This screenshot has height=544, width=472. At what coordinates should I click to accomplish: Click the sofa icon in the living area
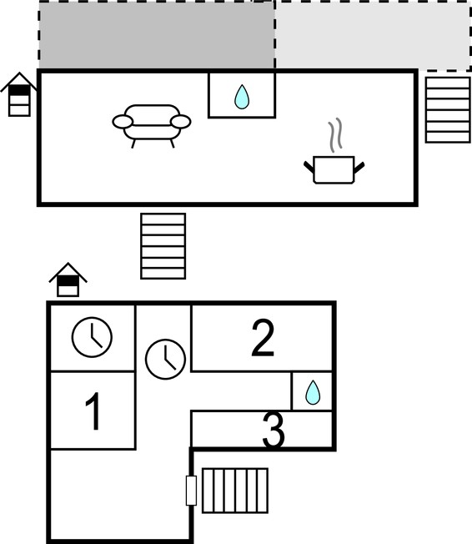152,126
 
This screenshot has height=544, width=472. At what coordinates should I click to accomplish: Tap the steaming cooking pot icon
334,169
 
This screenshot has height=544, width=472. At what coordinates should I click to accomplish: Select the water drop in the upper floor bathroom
242,97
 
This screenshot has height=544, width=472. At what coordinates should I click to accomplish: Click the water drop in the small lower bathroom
313,392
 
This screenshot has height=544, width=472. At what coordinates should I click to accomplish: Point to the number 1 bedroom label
93,411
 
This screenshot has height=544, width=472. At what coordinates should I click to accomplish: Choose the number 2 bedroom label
263,338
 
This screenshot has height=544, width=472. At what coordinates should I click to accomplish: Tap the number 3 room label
274,430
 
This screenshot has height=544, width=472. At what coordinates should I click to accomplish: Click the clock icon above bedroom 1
92,337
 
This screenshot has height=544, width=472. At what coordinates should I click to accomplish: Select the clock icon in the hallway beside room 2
165,359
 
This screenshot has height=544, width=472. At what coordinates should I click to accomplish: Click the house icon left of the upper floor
19,94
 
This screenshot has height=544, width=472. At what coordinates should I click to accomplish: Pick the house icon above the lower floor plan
68,280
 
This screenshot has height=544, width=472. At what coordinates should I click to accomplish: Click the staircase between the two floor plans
163,246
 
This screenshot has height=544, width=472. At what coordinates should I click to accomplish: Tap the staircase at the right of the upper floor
448,109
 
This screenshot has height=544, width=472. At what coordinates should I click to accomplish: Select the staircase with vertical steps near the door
235,491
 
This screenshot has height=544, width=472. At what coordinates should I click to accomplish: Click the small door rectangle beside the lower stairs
191,491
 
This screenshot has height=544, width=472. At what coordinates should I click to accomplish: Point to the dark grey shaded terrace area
157,35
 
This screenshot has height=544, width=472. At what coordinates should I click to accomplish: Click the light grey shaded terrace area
373,35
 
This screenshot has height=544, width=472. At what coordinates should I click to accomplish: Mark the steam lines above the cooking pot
335,135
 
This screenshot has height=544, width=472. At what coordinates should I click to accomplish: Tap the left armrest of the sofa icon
123,122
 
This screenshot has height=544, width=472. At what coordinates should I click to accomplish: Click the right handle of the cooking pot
359,167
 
